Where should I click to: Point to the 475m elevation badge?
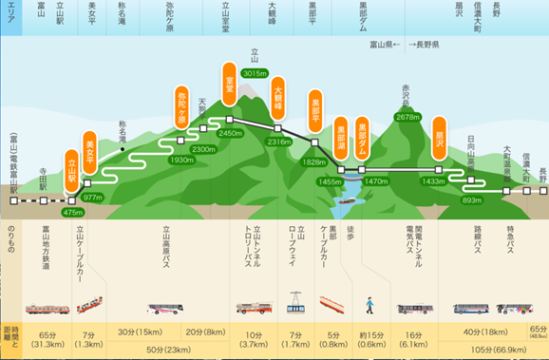point(73,213)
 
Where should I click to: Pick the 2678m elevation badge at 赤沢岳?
point(407,117)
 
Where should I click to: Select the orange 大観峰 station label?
point(279,102)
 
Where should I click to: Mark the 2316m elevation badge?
point(279,142)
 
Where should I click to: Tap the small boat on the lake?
point(342,200)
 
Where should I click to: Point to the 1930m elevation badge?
point(181,160)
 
